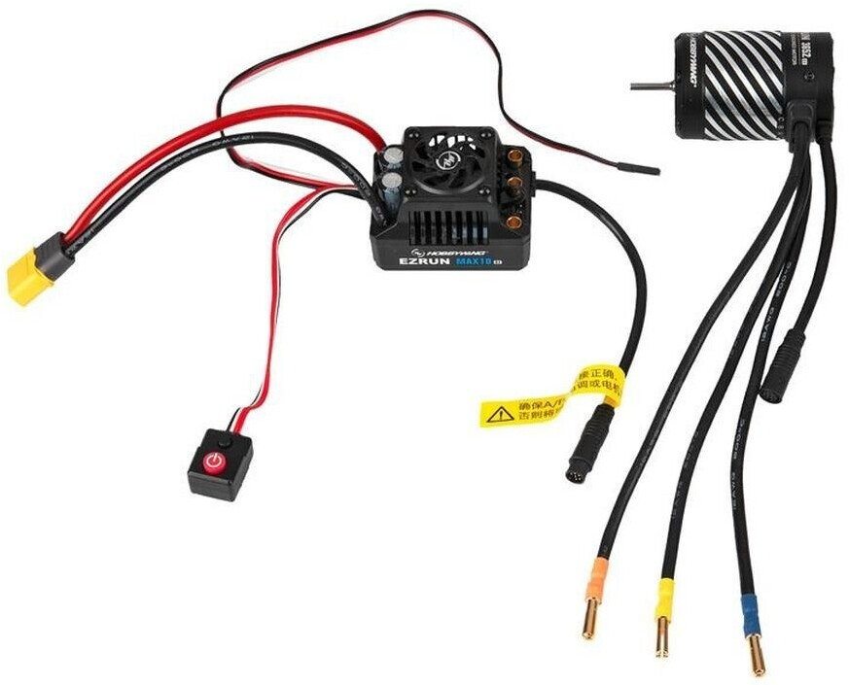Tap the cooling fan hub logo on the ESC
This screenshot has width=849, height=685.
click(x=447, y=161)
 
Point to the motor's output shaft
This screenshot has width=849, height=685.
click(x=651, y=86)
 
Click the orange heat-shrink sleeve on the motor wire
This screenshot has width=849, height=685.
click(x=596, y=579)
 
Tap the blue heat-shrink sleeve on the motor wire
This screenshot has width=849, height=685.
click(x=750, y=615)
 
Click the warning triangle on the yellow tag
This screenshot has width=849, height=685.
click(x=500, y=415)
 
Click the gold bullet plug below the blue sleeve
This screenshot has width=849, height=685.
click(x=756, y=655)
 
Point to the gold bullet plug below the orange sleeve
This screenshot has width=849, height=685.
click(x=589, y=621)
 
